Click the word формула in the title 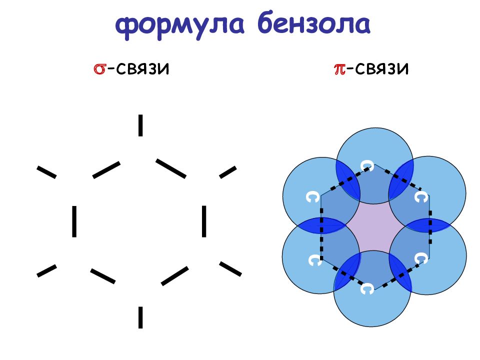[180, 25]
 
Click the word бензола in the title [314, 22]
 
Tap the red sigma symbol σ [99, 69]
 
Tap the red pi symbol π [339, 69]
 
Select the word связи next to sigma [142, 69]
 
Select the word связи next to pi [382, 69]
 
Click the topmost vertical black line [140, 125]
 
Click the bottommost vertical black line [140, 317]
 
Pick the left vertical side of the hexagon [74, 221]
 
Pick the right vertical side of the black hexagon [204, 221]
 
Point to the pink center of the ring [374, 227]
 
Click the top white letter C [367, 165]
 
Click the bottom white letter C [366, 288]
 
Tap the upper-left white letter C [313, 197]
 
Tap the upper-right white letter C [421, 197]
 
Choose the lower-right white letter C [421, 258]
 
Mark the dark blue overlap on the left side [321, 225]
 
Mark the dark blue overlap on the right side [428, 225]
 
